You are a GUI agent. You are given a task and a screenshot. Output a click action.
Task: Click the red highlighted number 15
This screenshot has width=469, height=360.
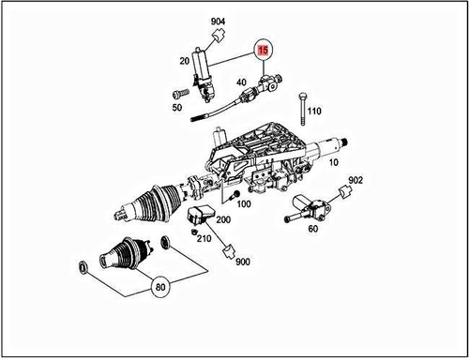pyautogui.click(x=264, y=49)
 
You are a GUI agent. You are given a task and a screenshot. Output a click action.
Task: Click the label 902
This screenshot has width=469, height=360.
pyautogui.click(x=356, y=180)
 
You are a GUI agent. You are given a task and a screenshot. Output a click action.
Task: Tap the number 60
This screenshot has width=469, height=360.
pyautogui.click(x=312, y=227)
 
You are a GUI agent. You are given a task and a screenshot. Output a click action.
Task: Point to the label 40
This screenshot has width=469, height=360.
pyautogui.click(x=243, y=82)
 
